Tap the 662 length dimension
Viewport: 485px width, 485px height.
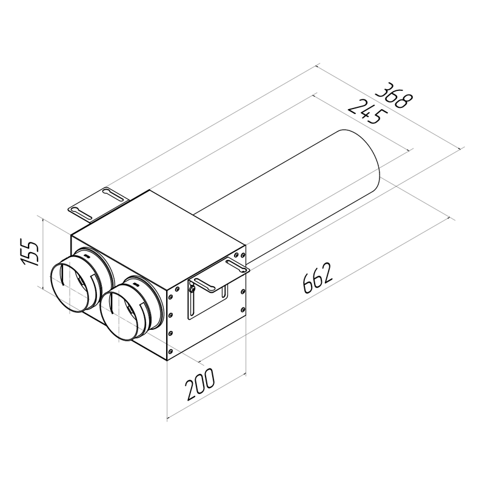pos(316,279)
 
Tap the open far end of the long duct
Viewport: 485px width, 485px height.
pos(358,161)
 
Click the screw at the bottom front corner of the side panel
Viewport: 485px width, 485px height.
pos(172,352)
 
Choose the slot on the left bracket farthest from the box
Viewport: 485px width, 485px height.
pos(81,210)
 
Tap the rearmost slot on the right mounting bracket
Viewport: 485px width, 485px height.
pos(235,263)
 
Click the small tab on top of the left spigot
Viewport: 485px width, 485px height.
pos(89,257)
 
